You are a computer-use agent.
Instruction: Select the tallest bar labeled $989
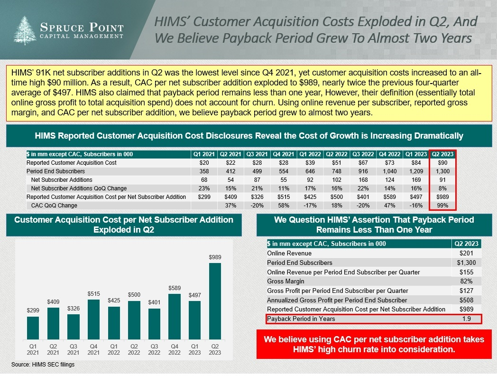tap(215, 301)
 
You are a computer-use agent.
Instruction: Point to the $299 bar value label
tap(33, 310)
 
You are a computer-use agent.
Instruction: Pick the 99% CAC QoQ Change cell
tap(442, 206)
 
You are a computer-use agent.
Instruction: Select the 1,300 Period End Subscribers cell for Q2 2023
tap(442, 171)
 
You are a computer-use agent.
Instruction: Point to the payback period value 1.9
tap(466, 319)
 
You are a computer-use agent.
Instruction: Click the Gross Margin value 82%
tap(466, 281)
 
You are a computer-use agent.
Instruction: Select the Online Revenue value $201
tap(466, 253)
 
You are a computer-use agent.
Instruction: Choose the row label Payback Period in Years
tap(301, 319)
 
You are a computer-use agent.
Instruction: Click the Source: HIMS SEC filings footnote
tap(43, 365)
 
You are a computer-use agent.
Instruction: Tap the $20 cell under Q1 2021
tap(203, 163)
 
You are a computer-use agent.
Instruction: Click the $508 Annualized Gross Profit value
tap(466, 300)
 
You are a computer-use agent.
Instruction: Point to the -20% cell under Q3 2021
tap(257, 206)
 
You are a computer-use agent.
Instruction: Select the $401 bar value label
tap(155, 302)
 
